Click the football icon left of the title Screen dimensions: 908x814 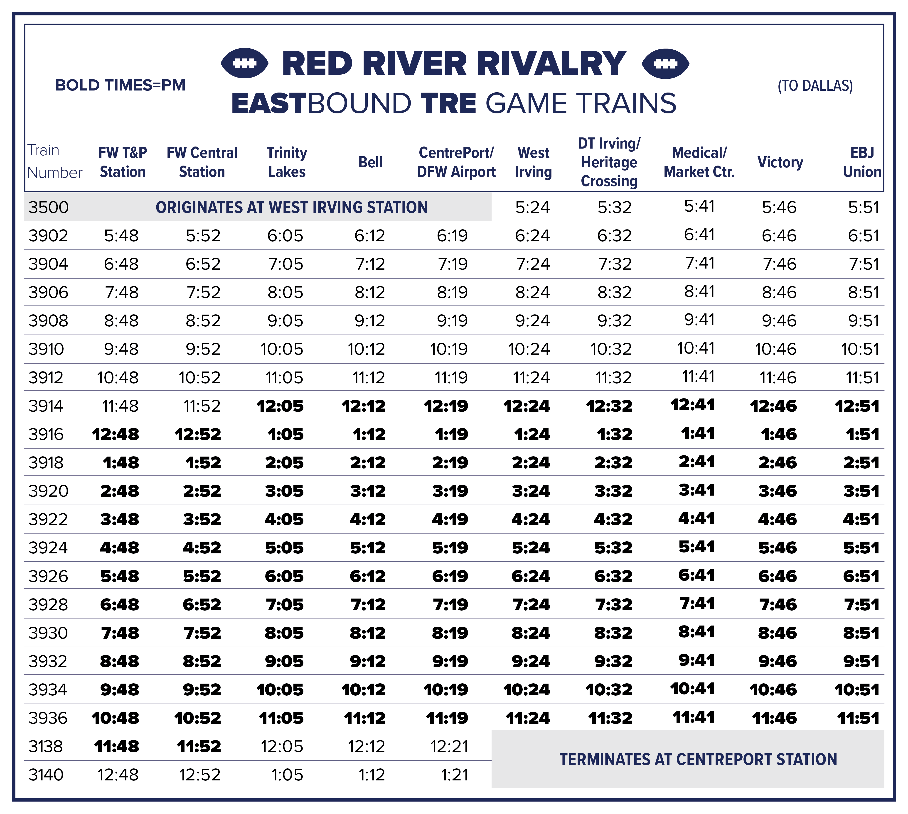click(244, 63)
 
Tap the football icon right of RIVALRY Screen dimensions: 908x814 click(665, 63)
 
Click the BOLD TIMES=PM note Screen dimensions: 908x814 click(120, 85)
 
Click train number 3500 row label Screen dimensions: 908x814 click(48, 207)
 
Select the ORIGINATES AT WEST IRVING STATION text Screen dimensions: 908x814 click(292, 207)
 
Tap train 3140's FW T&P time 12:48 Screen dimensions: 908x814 click(118, 775)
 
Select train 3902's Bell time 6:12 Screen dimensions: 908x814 click(370, 235)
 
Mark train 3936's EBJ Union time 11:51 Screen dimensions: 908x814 click(858, 718)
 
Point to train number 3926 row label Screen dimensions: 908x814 click(48, 576)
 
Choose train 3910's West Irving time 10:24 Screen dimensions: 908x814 click(529, 349)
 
